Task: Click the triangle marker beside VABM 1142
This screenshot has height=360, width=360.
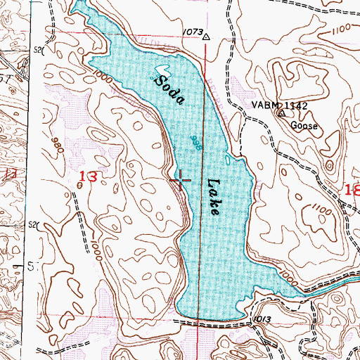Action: coord(282,112)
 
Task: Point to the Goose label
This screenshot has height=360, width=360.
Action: coord(305,127)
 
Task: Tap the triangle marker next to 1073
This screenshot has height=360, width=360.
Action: coord(207,39)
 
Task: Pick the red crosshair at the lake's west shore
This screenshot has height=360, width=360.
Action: coord(180,181)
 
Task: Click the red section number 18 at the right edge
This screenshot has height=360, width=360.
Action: coord(351,189)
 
